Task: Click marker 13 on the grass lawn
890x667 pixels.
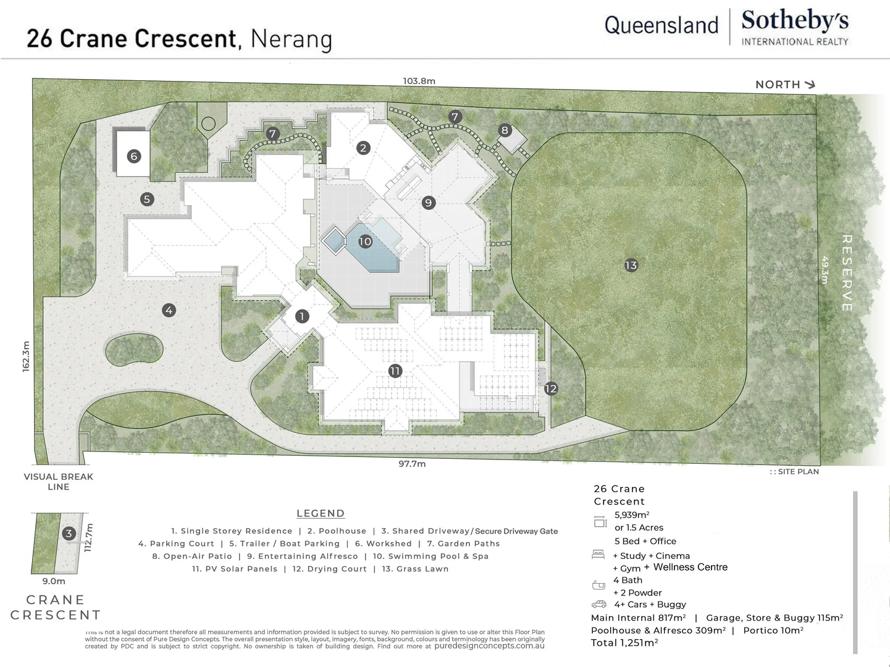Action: pos(631,266)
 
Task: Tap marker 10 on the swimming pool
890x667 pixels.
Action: pos(365,241)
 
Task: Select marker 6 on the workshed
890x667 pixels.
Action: pos(133,156)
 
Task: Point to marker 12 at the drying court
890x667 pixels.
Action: pos(550,388)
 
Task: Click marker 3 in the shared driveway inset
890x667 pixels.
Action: pos(69,534)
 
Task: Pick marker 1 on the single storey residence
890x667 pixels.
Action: pos(302,316)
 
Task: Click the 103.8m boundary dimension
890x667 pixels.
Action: pos(419,81)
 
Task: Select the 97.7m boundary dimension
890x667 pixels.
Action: pos(412,464)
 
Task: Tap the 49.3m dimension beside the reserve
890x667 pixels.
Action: pos(824,270)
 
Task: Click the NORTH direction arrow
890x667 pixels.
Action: pos(809,85)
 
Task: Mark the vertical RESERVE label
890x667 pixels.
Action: pos(847,272)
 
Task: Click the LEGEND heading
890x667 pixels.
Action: pos(320,513)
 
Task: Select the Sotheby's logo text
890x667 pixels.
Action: pos(794,20)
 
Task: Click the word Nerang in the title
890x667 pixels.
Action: pos(291,39)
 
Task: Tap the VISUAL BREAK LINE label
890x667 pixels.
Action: pos(59,482)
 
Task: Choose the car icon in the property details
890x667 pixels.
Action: pos(598,604)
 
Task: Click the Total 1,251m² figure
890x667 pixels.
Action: pos(624,643)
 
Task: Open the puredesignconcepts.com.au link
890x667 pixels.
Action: pos(489,646)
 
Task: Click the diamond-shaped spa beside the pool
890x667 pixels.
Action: pos(334,240)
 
